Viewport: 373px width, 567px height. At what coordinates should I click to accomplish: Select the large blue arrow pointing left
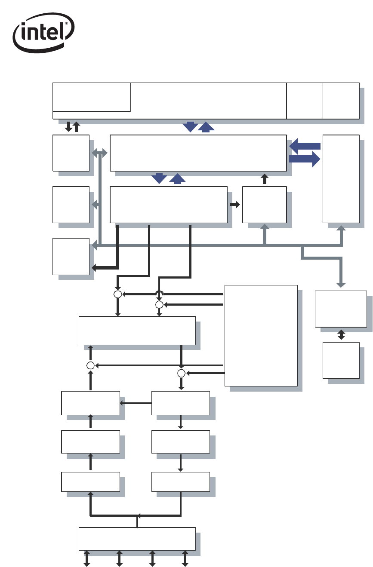coord(305,146)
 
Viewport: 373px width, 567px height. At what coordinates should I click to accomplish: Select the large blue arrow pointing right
coord(305,159)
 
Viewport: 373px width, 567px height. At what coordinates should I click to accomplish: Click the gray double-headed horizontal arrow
coord(100,153)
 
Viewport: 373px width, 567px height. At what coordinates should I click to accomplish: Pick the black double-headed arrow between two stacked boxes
coord(341,335)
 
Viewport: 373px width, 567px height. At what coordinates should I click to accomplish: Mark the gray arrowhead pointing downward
coord(341,284)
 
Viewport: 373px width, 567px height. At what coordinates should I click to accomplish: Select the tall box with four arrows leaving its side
coord(261,335)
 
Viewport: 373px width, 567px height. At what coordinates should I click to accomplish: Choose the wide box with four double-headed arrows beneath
coord(137,538)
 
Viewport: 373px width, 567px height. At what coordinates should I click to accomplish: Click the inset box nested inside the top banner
coord(91,97)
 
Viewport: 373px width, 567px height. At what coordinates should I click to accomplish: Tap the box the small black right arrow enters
coord(264,205)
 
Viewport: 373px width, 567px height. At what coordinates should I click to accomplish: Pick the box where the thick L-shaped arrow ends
coord(71,256)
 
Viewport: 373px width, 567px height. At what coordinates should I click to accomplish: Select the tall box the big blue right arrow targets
coord(341,178)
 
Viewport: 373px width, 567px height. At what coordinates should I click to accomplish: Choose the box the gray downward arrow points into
coord(341,309)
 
